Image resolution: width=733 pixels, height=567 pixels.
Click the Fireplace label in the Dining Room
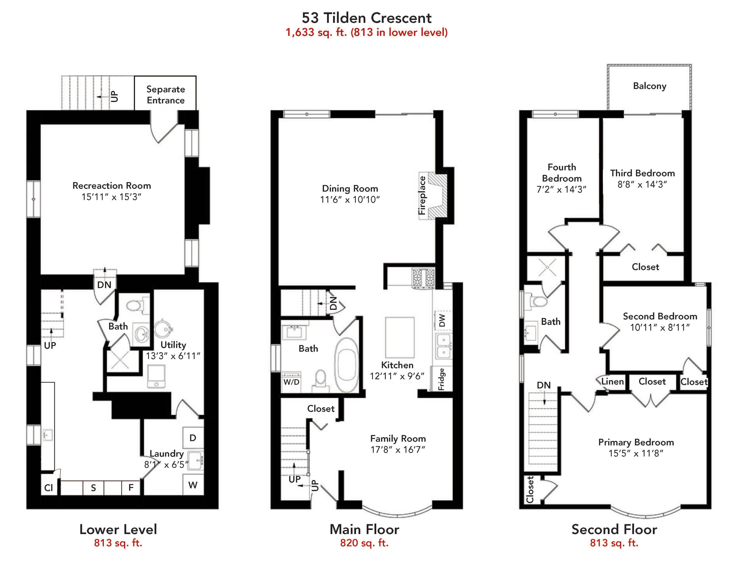(x=422, y=195)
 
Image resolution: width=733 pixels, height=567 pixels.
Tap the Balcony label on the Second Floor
(x=649, y=86)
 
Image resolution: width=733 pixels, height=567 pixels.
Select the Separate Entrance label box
(x=165, y=93)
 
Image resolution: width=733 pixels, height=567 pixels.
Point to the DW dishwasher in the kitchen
(x=442, y=320)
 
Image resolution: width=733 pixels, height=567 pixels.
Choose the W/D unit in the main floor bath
(x=291, y=382)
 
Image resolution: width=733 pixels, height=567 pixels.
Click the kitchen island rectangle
(x=400, y=337)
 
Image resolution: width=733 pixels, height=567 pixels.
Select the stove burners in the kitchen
(x=423, y=278)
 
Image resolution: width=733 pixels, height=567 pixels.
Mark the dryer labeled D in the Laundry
(x=193, y=438)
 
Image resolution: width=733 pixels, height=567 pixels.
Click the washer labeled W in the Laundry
(x=193, y=485)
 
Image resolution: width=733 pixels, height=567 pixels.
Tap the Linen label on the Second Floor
(x=612, y=381)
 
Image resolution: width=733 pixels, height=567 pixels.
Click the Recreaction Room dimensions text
(x=111, y=197)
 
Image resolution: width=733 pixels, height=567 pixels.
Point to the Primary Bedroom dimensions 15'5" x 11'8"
(x=636, y=453)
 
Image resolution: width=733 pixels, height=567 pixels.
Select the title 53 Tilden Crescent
(x=366, y=18)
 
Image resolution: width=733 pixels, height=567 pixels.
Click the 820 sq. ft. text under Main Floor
(x=364, y=543)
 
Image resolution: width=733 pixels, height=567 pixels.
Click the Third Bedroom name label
(x=643, y=173)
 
